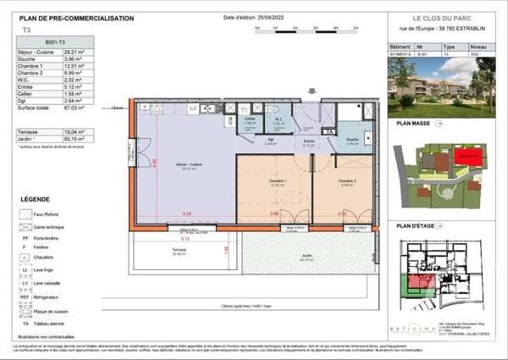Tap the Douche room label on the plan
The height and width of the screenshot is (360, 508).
[352, 141]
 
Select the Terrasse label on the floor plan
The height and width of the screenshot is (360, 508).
[155, 251]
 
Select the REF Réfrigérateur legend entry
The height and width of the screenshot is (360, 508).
[39, 298]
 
